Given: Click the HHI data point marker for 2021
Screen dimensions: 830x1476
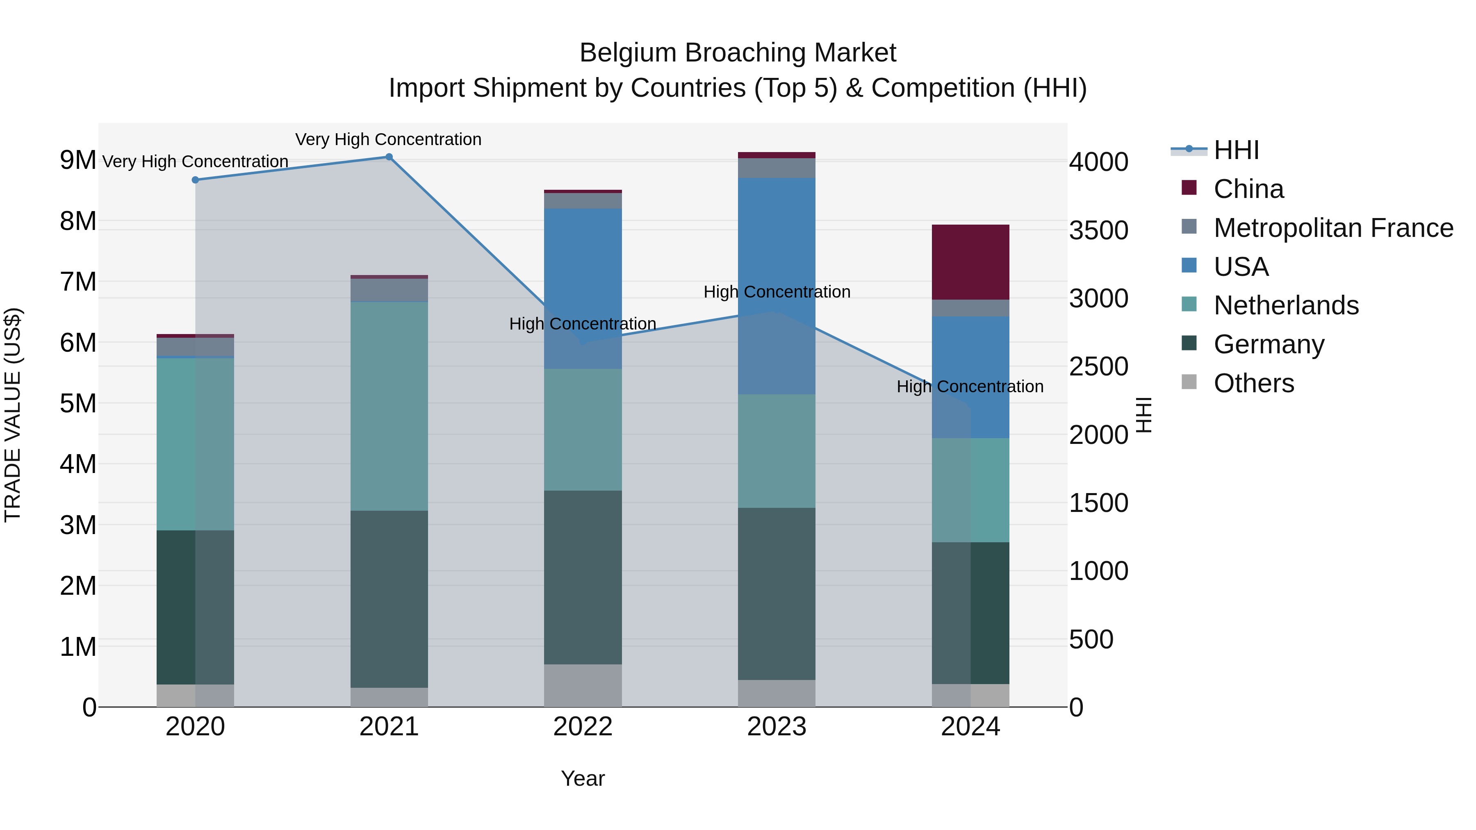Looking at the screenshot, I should point(389,157).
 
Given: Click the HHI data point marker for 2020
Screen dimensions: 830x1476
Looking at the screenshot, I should point(196,180).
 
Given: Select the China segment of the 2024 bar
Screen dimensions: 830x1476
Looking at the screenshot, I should point(970,262).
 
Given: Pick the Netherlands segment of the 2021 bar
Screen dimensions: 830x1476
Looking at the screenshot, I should point(389,405).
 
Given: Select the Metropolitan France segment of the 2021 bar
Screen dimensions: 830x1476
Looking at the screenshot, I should point(389,290).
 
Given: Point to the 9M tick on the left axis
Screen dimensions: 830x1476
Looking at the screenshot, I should point(78,160).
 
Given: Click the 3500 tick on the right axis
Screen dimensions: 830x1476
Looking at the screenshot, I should point(1098,230).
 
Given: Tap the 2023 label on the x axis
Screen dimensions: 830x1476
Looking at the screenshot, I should point(777,727).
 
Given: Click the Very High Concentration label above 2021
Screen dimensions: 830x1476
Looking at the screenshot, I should point(389,139).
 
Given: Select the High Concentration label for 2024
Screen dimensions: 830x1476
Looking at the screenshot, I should point(970,387).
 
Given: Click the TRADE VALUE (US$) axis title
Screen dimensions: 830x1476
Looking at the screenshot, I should point(13,415).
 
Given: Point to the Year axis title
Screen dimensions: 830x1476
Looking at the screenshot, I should point(583,778).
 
